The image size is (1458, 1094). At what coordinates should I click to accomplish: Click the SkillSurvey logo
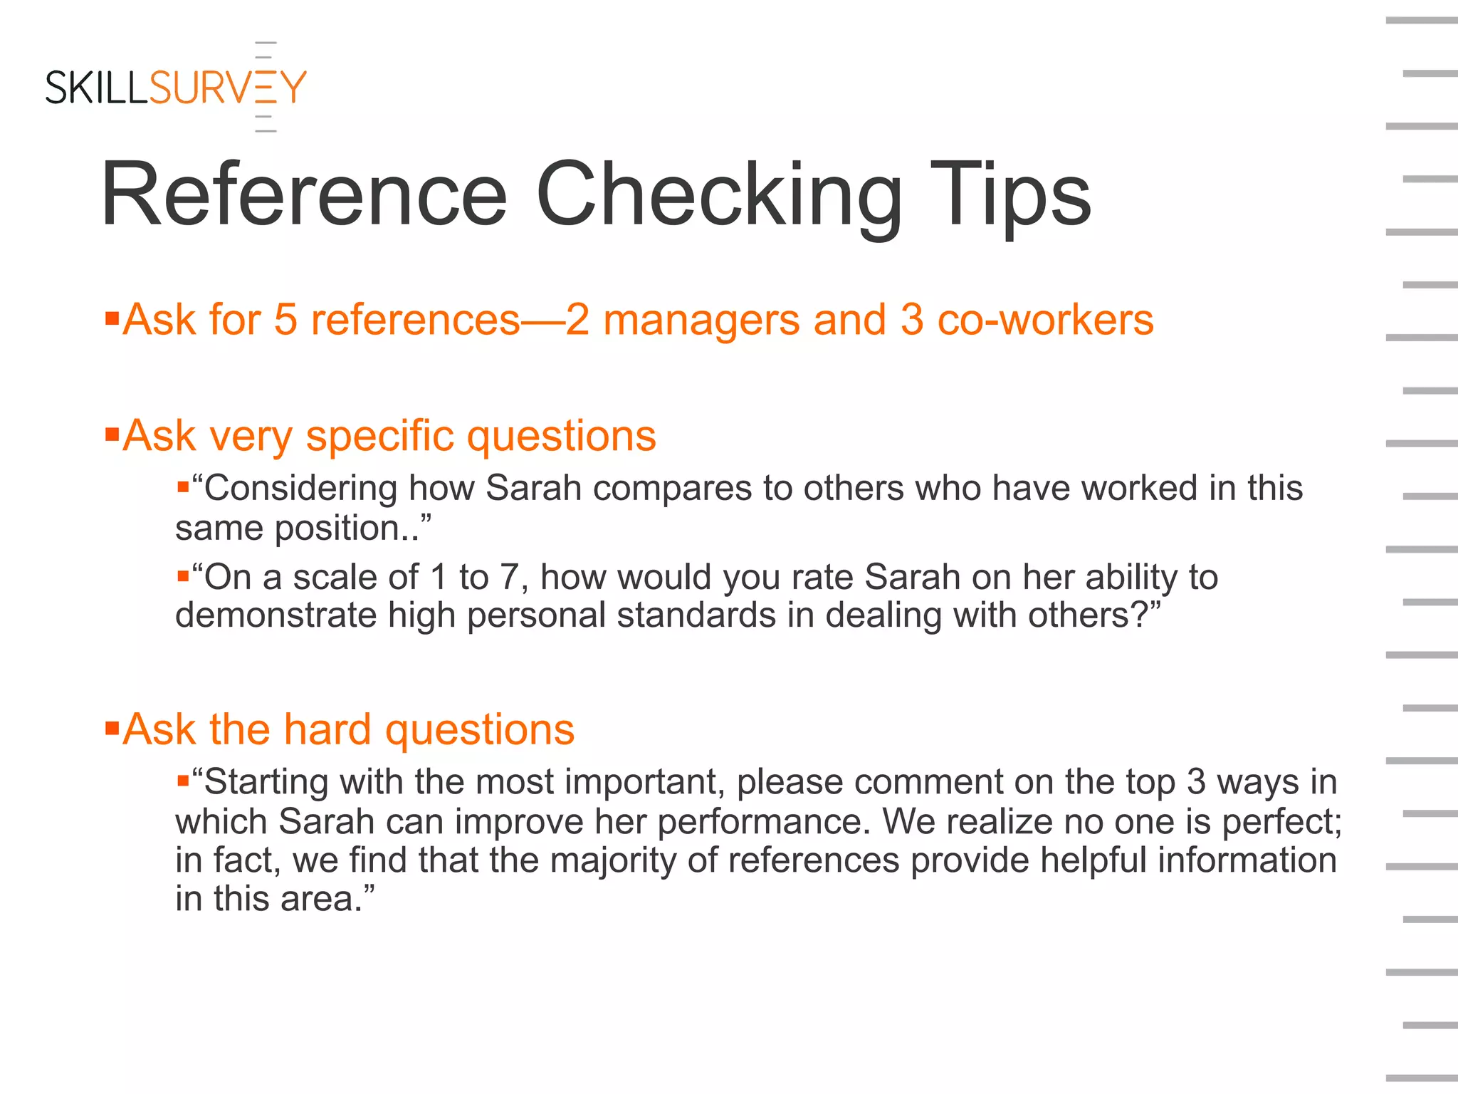coord(176,88)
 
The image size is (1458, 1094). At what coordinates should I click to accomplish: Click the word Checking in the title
coord(719,195)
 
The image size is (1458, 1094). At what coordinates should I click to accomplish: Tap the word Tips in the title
coord(1009,195)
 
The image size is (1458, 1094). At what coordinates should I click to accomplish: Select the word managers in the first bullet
coord(701,320)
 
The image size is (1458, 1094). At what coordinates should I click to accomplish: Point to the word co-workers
coord(1045,320)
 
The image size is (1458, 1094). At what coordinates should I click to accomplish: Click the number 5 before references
coord(285,320)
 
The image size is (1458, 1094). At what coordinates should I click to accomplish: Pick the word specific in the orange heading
coord(379,436)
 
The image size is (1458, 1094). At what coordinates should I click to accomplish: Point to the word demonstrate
coord(276,615)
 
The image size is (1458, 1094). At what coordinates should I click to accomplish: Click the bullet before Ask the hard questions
coord(112,728)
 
